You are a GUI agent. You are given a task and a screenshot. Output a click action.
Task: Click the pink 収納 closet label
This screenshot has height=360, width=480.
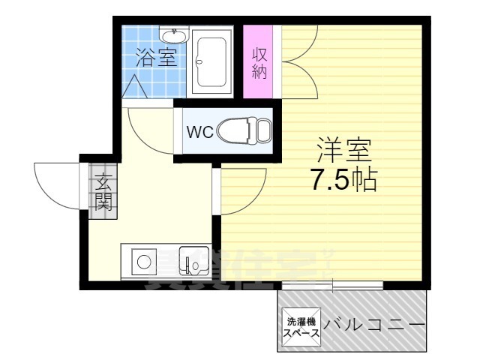pos(260,63)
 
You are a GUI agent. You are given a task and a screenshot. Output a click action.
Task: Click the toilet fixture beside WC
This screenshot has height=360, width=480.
pos(244,131)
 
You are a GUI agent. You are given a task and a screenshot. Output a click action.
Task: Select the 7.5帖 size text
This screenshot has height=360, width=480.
pos(343,180)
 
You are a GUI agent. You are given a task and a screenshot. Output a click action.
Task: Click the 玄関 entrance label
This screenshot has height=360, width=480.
pos(101,191)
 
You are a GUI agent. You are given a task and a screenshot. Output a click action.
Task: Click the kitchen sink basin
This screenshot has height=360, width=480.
pos(193,262)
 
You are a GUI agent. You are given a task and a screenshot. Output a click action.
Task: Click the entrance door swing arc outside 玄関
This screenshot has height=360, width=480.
pos(56,187)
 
